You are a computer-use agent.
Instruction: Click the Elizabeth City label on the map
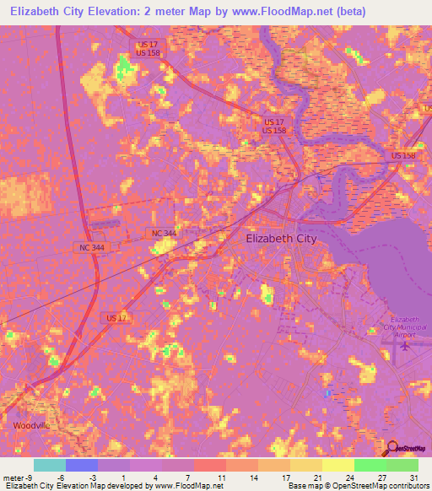pos(281,239)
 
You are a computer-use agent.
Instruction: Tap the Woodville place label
pos(31,426)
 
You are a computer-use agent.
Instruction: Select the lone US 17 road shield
pos(117,317)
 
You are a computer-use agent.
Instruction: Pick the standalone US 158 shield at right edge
pos(403,156)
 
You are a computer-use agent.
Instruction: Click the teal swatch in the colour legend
pos(49,465)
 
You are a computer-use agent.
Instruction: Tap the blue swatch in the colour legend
pos(81,465)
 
